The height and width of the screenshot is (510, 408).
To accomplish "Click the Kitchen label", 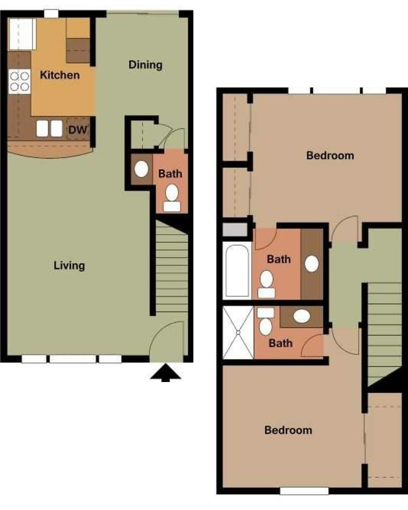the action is coord(60,75).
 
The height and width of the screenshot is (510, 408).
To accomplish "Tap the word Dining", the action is coord(145,65).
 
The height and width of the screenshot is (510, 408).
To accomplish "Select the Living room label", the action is coord(69,266).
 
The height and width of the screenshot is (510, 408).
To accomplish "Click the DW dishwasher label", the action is coord(78,130).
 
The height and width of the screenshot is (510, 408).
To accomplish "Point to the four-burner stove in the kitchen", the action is coord(19,81).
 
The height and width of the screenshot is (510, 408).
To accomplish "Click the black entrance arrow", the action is coord(165,373).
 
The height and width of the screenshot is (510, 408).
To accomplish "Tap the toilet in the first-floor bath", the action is coord(172,198).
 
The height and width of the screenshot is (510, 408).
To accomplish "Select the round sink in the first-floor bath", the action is coord(141,169).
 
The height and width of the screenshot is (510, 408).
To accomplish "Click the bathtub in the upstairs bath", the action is coord(237,270).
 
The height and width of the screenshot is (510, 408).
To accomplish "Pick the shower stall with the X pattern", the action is coord(238,332).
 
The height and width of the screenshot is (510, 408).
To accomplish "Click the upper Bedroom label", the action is coord(330,156).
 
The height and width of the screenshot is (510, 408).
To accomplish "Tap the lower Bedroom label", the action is coord(288,430).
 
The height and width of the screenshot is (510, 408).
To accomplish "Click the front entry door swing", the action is coord(167,341).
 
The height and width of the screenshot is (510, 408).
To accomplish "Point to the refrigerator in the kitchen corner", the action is coord(22,34).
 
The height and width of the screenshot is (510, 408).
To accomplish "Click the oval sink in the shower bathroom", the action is coord(302,316).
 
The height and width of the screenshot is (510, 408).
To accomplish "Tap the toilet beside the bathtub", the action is coord(266,284).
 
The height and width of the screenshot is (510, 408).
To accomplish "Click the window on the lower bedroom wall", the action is coord(304,491).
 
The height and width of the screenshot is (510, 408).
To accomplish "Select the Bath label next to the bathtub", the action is coord(279,259).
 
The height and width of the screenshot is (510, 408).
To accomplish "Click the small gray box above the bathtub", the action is coord(235,229).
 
